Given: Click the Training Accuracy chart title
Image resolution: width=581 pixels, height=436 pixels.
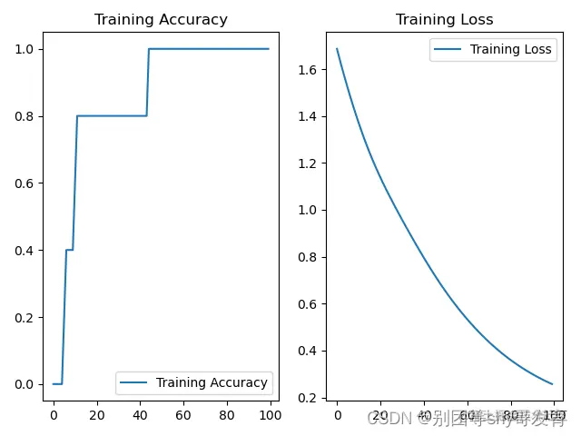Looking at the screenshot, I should pyautogui.click(x=161, y=20).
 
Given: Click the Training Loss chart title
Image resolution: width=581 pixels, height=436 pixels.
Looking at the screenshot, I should pyautogui.click(x=445, y=20).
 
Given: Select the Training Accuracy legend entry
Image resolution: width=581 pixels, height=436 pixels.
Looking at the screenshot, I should pyautogui.click(x=212, y=382).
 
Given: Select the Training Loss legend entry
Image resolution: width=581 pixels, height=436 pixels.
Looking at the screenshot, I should pyautogui.click(x=510, y=49).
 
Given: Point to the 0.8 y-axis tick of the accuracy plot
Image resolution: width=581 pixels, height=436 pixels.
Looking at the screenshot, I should pyautogui.click(x=24, y=116).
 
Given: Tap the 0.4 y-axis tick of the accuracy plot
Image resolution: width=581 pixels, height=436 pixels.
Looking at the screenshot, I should pyautogui.click(x=24, y=250).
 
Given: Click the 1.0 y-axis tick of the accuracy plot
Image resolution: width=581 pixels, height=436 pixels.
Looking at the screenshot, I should pyautogui.click(x=24, y=49).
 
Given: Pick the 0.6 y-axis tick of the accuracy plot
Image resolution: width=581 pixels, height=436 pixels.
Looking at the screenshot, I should pyautogui.click(x=24, y=183).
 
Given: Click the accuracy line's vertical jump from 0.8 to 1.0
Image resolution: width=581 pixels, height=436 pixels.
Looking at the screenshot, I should pyautogui.click(x=148, y=82).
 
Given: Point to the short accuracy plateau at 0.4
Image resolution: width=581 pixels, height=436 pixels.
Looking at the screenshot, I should pyautogui.click(x=69, y=250).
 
